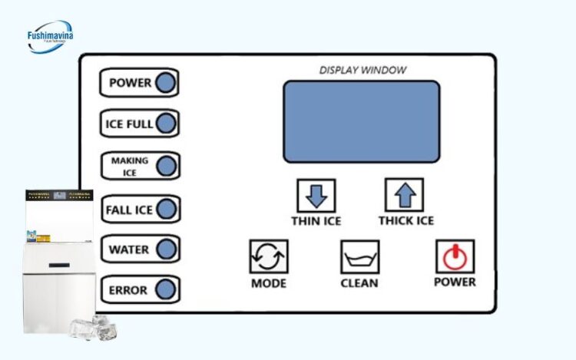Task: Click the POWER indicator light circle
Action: [x=165, y=83]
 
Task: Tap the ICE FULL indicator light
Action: [x=166, y=124]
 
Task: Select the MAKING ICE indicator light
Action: [x=166, y=166]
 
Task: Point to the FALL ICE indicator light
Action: [x=166, y=209]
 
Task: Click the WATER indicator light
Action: [x=166, y=249]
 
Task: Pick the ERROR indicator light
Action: [x=166, y=290]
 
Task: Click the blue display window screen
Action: [x=361, y=121]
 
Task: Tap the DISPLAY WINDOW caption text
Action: [x=362, y=71]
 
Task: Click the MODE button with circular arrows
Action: [x=268, y=257]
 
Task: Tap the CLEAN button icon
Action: [x=359, y=257]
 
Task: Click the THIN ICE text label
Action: [x=316, y=221]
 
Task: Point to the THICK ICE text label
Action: [x=406, y=221]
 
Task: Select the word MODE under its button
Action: [x=268, y=283]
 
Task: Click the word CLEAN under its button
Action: [x=359, y=283]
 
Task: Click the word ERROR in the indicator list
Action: [x=128, y=291]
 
